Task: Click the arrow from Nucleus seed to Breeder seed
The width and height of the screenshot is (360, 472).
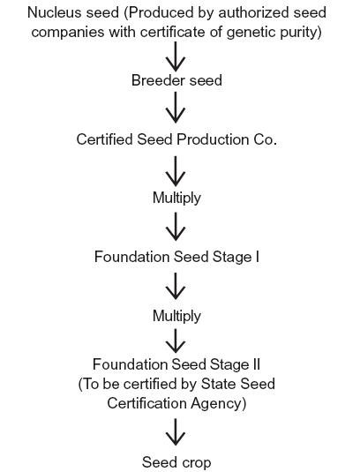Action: (x=176, y=56)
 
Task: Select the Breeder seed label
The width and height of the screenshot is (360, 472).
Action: (x=176, y=80)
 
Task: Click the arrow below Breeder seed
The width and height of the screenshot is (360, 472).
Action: (x=176, y=108)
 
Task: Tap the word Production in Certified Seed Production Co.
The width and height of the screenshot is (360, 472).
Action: (x=214, y=139)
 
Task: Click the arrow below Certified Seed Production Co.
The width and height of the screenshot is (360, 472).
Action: (x=176, y=170)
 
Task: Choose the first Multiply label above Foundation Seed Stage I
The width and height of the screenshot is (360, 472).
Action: (x=176, y=199)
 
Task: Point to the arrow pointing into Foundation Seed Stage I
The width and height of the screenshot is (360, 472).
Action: (x=176, y=227)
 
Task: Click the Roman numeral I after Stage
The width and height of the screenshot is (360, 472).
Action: (x=257, y=257)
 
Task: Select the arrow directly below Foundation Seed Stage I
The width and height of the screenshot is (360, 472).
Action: (x=176, y=286)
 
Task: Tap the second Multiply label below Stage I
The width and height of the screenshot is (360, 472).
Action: (x=176, y=317)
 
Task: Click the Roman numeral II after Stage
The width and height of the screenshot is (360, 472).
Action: (x=255, y=364)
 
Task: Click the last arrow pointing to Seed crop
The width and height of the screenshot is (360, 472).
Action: (x=176, y=432)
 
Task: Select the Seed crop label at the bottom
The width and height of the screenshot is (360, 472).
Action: (x=176, y=462)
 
